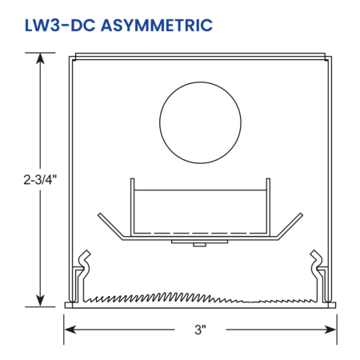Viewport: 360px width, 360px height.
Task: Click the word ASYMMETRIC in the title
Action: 157,26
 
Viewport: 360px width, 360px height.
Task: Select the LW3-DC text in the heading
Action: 60,26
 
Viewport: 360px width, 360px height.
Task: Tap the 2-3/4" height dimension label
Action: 40,180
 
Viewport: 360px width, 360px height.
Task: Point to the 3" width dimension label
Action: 200,330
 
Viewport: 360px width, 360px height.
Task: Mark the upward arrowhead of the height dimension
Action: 40,58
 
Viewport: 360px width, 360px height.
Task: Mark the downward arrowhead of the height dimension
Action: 40,301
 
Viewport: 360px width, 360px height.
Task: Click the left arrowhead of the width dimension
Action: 70,330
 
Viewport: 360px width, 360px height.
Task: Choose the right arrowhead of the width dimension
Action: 330,330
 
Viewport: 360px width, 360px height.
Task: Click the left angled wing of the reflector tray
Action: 110,226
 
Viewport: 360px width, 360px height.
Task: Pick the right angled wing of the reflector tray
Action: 290,226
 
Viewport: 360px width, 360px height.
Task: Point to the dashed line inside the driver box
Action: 200,234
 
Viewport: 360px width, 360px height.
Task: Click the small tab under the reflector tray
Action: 199,245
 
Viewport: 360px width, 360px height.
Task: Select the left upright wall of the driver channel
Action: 132,207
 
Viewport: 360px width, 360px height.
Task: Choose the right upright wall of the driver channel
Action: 268,207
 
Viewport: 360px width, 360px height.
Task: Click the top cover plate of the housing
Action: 200,56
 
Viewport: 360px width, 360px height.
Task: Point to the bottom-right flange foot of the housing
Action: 332,305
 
